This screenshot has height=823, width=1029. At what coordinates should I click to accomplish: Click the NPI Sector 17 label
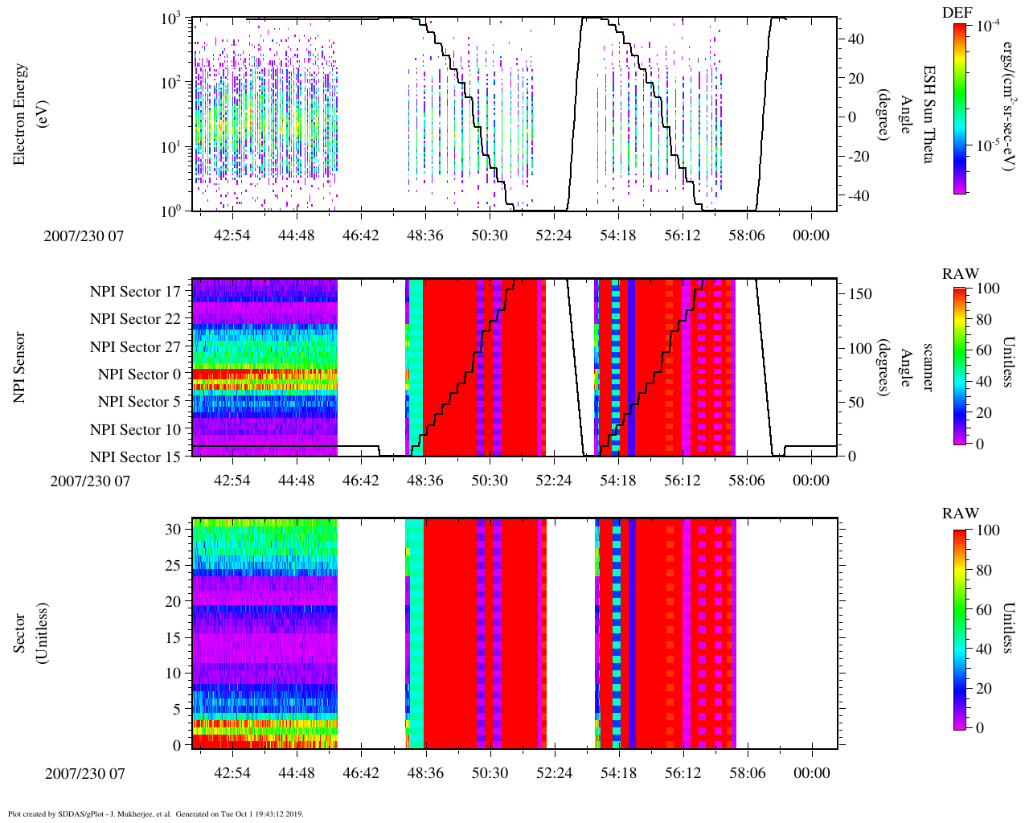(135, 292)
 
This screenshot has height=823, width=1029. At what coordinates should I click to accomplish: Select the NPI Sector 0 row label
(139, 375)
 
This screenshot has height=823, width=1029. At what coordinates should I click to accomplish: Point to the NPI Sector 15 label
(135, 457)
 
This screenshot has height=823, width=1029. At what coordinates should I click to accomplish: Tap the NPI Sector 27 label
(135, 347)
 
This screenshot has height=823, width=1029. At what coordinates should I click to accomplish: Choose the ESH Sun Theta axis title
(928, 114)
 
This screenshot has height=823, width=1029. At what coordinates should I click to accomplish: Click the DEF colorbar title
(957, 13)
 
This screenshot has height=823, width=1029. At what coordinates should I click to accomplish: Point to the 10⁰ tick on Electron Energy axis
(172, 211)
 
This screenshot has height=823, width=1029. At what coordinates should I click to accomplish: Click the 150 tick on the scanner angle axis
(860, 294)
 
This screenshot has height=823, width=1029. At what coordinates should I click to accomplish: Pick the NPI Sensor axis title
(19, 367)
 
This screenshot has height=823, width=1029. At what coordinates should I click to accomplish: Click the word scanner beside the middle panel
(928, 367)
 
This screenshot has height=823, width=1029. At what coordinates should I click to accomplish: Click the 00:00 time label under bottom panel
(810, 773)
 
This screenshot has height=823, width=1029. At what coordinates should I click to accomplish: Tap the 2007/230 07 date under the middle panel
(89, 481)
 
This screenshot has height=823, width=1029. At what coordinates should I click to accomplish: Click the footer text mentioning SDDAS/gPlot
(155, 813)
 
